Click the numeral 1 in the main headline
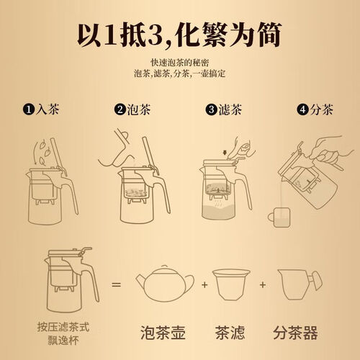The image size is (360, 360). pos(110,35)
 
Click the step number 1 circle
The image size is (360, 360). pos(29,109)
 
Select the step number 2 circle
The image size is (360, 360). pos(120,109)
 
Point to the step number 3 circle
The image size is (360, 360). pos(211,109)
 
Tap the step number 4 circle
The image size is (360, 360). pos(302,109)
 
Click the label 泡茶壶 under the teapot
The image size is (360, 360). pos(163,333)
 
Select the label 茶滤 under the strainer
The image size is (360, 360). pos(230,333)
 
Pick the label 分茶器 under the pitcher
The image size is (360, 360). pos(295,333)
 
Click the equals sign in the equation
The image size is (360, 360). pos(116,285)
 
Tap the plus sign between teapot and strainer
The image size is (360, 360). pos(204,285)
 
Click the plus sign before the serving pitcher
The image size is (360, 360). pos(263,285)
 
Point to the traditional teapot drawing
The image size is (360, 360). pos(165,283)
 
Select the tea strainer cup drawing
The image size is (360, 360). pos(231,284)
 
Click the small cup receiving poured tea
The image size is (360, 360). pos(279,217)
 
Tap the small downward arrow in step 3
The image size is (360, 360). pos(225,153)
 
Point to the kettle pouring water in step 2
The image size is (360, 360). pos(117,149)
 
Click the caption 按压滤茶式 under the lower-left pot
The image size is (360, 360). pos(63,327)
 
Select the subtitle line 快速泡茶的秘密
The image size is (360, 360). pos(180,63)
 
